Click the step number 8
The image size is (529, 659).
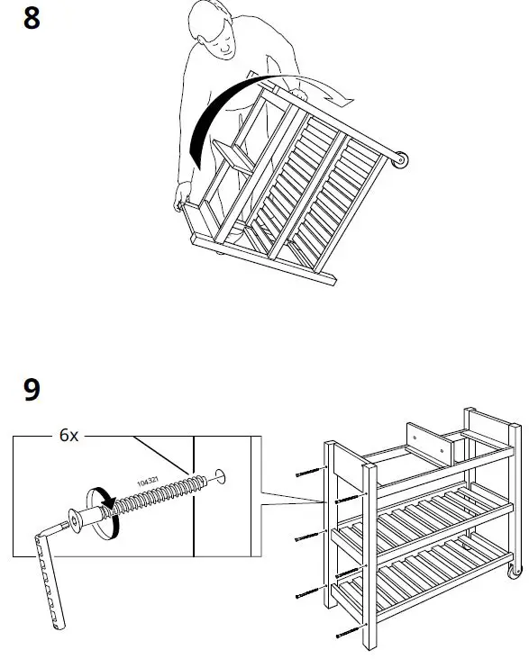32,18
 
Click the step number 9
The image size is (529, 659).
32,390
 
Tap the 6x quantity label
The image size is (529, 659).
69,436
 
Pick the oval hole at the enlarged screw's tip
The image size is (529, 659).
220,474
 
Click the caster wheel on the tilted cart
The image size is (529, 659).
400,160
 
